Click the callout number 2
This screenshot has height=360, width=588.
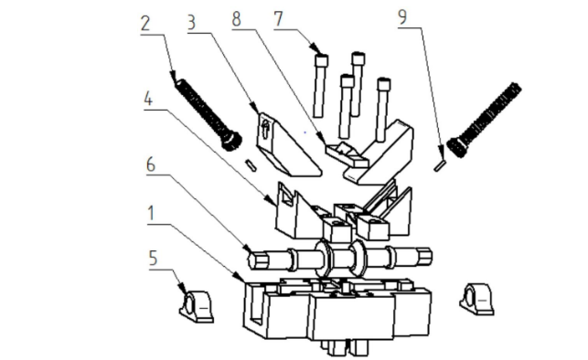145,23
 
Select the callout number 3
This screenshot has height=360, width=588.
192,23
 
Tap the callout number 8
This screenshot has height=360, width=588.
236,18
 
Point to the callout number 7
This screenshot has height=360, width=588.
278,18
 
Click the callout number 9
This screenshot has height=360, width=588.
402,17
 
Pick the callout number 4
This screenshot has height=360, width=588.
148,99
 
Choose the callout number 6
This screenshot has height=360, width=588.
151,164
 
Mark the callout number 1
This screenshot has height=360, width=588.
151,213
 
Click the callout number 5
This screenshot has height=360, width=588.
153,258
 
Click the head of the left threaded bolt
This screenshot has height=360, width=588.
231,140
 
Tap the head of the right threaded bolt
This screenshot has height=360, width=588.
457,147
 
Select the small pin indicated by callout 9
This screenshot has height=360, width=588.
440,165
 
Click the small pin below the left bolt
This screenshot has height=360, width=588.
251,165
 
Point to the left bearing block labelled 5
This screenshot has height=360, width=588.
197,306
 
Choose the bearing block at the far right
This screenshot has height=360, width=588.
477,299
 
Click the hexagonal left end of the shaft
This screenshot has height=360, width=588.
258,259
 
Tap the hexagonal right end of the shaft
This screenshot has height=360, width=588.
424,256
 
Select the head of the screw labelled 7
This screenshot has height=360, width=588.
322,60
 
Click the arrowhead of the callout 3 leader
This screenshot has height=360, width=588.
256,109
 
